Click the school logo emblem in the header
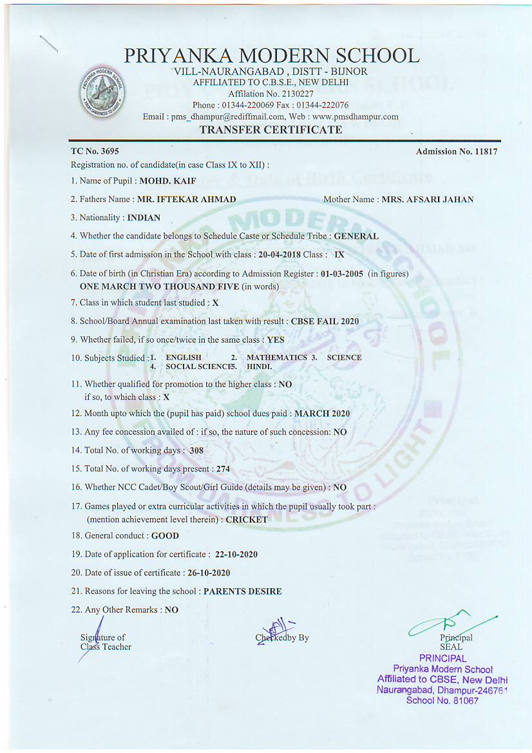pos(103,91)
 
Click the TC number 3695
pos(107,151)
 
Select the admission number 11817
pos(482,151)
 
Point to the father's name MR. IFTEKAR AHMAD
pos(187,200)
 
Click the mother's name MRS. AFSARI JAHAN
pos(427,200)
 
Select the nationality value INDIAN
pos(144,218)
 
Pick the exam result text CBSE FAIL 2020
pos(325,321)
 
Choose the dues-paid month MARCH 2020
pos(322,414)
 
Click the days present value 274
pos(223,469)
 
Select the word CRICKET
pos(247,519)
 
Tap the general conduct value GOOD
pos(165,535)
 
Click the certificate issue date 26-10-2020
pos(208,573)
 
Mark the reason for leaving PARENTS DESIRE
pos(242,591)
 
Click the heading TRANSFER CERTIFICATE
pos(271,129)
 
